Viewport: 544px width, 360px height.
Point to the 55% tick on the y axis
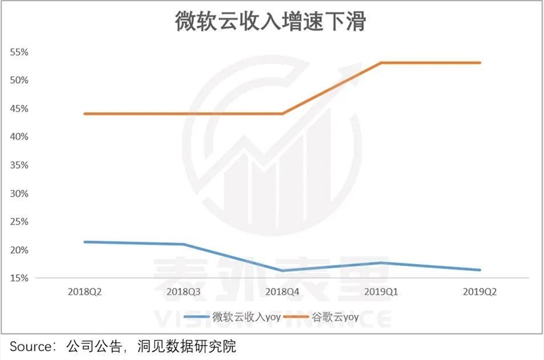point(18,52)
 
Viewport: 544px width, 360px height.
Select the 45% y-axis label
point(18,109)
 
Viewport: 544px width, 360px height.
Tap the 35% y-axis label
point(18,165)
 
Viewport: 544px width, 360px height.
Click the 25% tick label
point(18,222)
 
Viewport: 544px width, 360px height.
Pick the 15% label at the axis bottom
point(18,278)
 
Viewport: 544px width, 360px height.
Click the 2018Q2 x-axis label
point(84,291)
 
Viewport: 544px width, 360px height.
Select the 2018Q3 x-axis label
point(183,291)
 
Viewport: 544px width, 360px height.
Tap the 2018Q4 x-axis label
point(282,291)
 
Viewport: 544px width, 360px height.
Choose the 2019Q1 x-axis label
point(381,291)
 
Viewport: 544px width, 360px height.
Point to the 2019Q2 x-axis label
point(480,291)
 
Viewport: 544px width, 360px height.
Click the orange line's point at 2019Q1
point(381,63)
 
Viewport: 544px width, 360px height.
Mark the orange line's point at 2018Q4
point(282,114)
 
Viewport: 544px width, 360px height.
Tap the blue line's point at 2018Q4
point(282,271)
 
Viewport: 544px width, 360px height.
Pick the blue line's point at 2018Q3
point(183,244)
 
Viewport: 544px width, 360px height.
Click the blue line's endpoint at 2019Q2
point(480,270)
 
